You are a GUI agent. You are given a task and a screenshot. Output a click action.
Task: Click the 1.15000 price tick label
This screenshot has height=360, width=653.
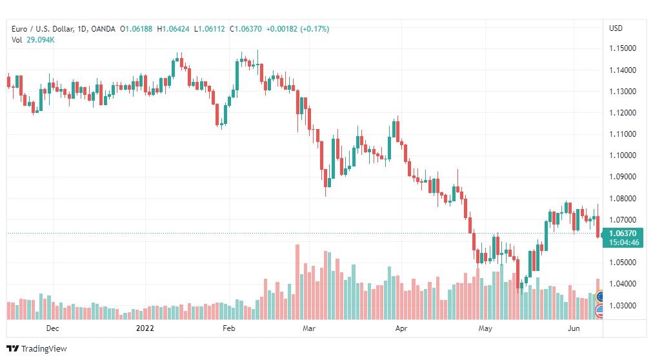coord(623,48)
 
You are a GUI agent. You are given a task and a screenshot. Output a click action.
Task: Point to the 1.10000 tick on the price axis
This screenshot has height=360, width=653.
coord(623,155)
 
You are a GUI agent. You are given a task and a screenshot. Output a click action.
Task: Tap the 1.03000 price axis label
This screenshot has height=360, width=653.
coord(623,305)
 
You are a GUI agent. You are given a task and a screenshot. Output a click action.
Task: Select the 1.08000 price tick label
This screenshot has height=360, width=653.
coord(623,198)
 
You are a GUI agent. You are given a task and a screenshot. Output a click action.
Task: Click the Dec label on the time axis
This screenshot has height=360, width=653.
coord(52,328)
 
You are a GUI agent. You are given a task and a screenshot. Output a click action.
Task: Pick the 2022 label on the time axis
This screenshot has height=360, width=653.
coord(145,328)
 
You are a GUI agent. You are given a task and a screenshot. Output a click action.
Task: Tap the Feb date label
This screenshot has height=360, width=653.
coord(228,328)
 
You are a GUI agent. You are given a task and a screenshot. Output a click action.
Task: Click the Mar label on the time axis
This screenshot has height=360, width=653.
coord(308,328)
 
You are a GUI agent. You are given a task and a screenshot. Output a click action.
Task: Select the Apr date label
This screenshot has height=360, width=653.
coord(401,328)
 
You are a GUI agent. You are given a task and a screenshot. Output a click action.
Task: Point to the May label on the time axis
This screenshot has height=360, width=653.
coord(485,328)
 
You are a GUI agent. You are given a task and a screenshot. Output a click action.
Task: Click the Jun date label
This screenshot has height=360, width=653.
coord(574,328)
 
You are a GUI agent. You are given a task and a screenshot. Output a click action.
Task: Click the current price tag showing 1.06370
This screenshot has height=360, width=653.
coord(623,234)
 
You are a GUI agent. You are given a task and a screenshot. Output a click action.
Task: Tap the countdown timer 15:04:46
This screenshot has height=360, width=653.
coord(623,242)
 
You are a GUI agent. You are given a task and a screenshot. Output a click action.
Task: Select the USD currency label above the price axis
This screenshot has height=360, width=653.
coord(616,28)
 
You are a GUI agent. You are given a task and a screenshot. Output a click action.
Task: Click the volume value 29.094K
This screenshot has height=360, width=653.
coord(41,40)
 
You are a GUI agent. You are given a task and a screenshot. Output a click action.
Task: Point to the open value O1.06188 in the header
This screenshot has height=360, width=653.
coord(136,29)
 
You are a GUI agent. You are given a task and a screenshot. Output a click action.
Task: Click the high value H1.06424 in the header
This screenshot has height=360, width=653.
coord(173,29)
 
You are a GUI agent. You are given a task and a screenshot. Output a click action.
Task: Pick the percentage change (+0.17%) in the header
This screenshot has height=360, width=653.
coord(315,29)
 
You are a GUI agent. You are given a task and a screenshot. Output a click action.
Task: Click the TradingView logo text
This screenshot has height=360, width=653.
coord(44,349)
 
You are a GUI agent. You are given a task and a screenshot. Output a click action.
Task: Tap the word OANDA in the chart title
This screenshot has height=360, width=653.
coord(103,29)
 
